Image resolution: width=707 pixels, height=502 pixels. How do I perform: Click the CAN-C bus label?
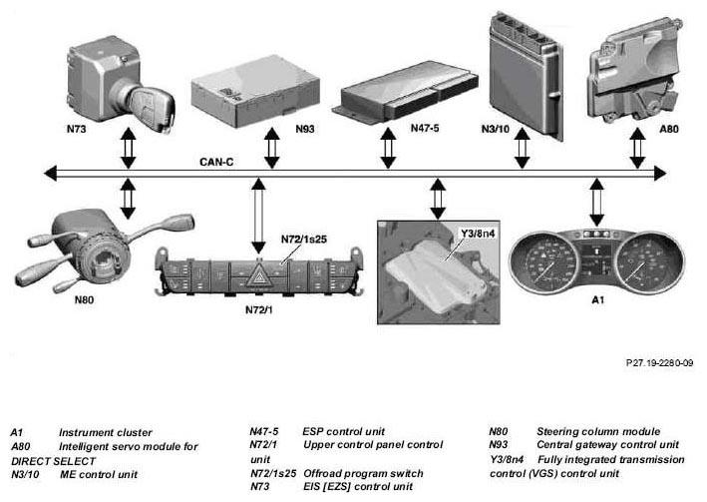pos(216,162)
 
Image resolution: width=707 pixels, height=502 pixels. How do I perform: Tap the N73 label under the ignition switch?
pos(77,129)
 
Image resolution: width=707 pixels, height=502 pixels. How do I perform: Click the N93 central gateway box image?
pos(255,90)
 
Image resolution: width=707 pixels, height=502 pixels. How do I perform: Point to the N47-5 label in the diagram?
pos(425,128)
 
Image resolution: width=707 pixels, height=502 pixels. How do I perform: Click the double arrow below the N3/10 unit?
pos(523,148)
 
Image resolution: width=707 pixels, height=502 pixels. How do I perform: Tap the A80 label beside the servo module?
pos(669,129)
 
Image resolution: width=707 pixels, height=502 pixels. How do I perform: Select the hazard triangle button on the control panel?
pos(258,274)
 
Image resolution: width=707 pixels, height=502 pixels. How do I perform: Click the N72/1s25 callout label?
pos(304,240)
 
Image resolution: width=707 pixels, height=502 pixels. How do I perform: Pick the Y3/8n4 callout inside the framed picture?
pos(477,234)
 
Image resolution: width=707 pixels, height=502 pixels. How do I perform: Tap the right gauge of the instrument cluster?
pos(649,262)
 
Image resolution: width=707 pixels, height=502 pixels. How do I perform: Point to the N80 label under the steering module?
pos(85,299)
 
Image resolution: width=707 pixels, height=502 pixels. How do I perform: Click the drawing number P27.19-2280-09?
pos(660,362)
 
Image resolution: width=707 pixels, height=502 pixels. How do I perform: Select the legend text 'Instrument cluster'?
pos(106,432)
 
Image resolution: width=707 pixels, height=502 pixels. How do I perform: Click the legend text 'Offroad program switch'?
pos(363,474)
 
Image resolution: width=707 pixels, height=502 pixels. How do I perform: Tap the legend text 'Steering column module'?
pos(598,431)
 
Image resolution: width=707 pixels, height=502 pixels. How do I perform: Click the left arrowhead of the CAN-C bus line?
pos(51,173)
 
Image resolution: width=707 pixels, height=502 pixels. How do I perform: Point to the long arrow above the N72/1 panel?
pos(258,216)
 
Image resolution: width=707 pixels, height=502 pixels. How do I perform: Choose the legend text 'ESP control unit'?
pos(344,431)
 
